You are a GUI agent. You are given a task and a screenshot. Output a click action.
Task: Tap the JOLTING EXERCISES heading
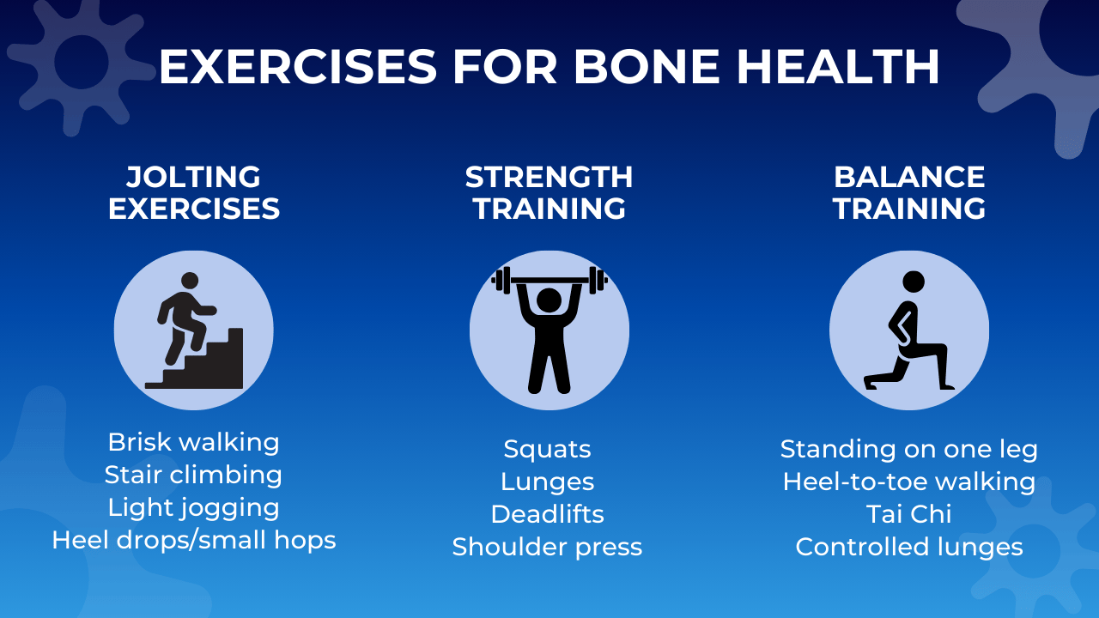(194, 193)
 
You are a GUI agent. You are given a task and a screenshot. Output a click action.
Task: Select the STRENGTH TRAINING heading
(549, 193)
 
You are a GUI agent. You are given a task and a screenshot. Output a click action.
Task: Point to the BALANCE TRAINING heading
(909, 193)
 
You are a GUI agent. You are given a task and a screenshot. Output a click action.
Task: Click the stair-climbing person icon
(194, 331)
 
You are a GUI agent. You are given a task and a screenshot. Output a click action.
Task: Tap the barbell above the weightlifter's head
(549, 279)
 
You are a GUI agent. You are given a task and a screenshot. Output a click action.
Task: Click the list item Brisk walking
(194, 442)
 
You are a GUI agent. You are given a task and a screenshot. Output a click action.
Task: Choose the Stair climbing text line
(194, 475)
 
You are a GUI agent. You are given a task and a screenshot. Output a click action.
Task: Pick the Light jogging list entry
(194, 507)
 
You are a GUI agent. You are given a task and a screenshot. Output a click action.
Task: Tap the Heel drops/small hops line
(194, 540)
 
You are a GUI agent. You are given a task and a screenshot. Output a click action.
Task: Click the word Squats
(548, 449)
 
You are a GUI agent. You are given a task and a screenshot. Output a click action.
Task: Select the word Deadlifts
(548, 514)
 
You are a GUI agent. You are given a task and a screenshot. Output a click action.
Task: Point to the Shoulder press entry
(548, 547)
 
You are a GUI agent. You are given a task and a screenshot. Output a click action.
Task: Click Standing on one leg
(909, 449)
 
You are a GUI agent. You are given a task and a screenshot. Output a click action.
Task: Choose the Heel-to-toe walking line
(909, 482)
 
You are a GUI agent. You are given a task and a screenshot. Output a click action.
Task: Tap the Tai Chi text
(909, 514)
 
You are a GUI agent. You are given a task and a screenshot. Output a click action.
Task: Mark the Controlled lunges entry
(909, 547)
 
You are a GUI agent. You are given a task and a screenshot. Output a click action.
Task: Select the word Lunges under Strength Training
(548, 482)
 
